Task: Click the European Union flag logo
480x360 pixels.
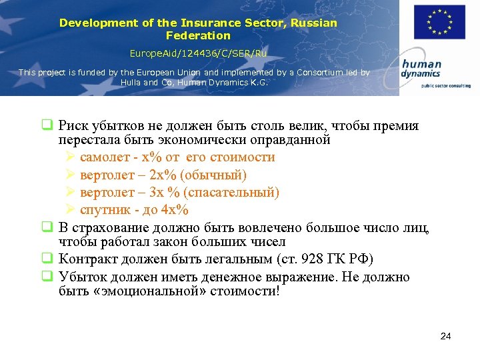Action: pos(439,22)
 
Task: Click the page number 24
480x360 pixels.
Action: pos(446,336)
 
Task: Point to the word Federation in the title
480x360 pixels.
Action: pos(198,35)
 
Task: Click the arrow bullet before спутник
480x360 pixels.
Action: pos(71,210)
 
